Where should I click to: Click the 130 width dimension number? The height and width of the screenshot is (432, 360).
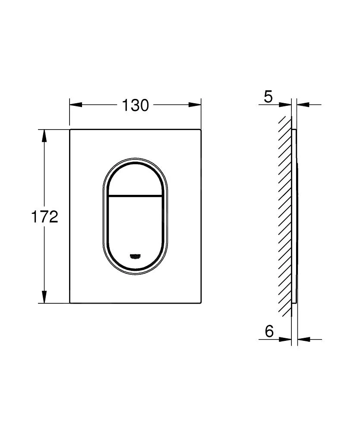(135, 105)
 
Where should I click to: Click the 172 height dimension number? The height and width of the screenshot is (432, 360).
(44, 217)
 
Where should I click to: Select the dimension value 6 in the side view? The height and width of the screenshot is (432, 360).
(269, 332)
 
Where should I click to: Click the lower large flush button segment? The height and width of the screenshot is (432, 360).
(135, 229)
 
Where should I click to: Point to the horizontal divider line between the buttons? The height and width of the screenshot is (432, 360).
(135, 195)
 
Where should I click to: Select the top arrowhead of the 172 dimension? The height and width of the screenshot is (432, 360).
(44, 135)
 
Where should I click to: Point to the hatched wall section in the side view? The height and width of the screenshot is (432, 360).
(285, 216)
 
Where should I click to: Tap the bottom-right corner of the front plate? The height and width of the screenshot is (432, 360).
(201, 303)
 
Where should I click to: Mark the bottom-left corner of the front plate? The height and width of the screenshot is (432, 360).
(70, 303)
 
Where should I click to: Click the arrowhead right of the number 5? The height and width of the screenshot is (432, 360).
(285, 104)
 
